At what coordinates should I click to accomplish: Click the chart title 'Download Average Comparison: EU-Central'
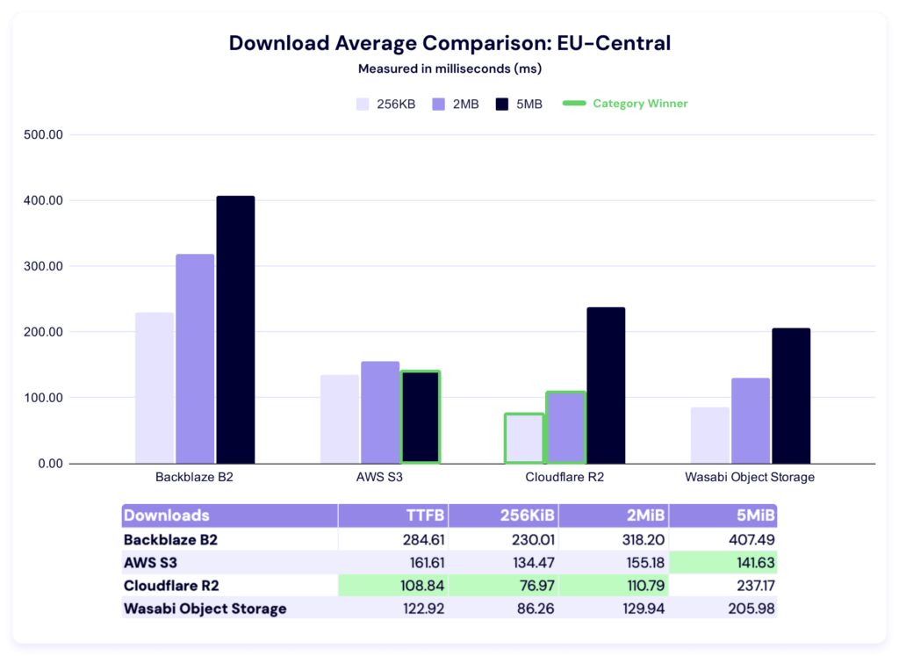[x=449, y=44]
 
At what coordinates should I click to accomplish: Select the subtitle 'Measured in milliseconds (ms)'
[x=449, y=68]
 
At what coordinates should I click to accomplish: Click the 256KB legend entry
[x=385, y=104]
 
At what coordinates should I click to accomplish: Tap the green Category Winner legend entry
[x=625, y=104]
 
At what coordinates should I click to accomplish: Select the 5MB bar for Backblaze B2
[x=235, y=329]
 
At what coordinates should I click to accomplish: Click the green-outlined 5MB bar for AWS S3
[x=420, y=417]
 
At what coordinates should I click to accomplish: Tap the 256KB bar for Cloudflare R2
[x=524, y=438]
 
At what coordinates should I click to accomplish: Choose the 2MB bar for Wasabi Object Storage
[x=751, y=420]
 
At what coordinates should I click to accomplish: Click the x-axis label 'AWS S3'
[x=379, y=478]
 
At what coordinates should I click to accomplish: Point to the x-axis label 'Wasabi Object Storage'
[x=750, y=478]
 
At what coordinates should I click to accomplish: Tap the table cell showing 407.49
[x=752, y=540]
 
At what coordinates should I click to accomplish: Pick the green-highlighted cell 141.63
[x=752, y=563]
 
